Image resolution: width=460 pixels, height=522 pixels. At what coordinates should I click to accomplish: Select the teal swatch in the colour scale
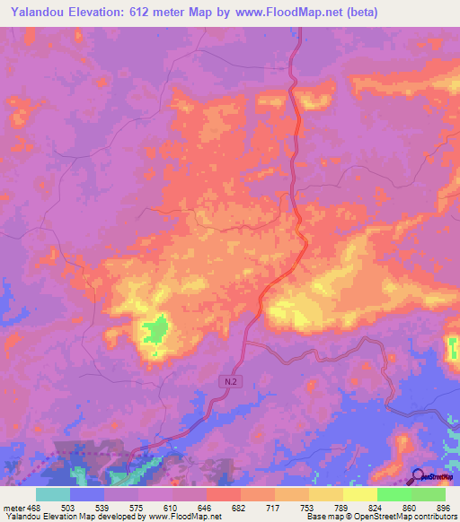pos(53,494)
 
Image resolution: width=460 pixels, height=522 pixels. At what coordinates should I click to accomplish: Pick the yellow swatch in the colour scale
pos(359,494)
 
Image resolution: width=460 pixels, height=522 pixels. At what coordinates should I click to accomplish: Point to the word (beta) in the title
pos(355,13)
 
